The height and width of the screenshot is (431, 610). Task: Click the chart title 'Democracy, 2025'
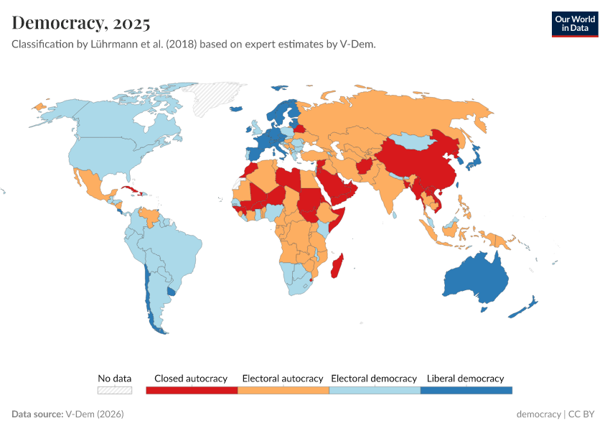click(x=81, y=23)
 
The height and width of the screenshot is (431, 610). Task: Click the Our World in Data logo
click(x=574, y=24)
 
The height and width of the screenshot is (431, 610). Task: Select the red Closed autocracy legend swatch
click(x=191, y=390)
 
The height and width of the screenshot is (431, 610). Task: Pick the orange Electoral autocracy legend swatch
click(x=283, y=390)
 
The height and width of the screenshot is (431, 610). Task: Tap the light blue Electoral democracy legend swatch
click(x=374, y=390)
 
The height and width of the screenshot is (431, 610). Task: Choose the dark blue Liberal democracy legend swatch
click(x=466, y=390)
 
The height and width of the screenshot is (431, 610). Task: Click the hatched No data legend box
click(x=115, y=390)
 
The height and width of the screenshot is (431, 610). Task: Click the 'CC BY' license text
click(x=583, y=414)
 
